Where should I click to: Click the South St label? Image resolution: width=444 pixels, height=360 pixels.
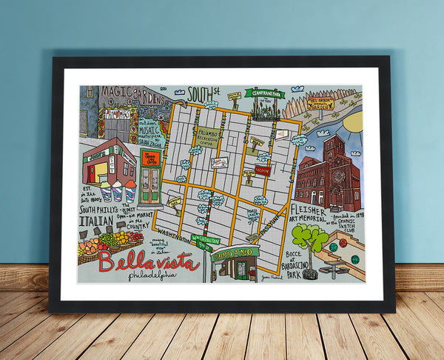click(x=204, y=93)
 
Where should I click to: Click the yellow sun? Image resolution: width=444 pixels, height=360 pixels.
click(x=354, y=119)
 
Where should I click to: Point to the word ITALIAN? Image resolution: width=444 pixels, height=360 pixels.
click(x=96, y=220)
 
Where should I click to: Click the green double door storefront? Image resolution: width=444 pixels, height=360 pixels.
click(x=151, y=186)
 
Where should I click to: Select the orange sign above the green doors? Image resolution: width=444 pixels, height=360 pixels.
click(x=151, y=159)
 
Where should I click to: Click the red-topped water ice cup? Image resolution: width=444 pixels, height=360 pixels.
click(x=130, y=190)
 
